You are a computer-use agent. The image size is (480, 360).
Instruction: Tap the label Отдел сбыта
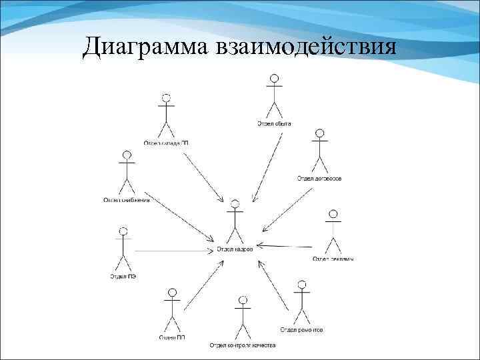274,123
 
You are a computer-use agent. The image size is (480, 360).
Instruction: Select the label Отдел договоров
320,179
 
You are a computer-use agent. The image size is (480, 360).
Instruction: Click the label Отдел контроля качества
243,345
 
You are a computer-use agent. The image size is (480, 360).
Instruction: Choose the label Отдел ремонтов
301,330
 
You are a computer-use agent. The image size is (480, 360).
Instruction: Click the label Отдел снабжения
126,199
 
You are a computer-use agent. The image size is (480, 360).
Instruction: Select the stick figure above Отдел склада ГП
166,117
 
